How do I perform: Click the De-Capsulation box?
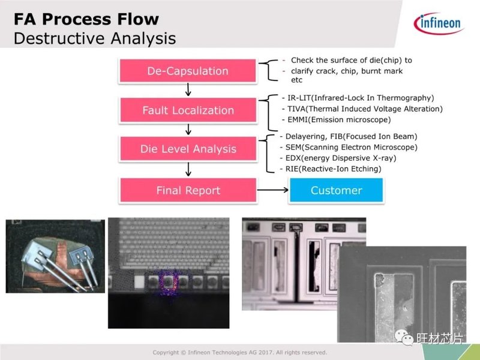pos(188,71)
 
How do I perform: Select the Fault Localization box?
pos(188,110)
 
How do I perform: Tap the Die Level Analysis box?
pos(188,149)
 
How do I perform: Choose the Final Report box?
pos(188,190)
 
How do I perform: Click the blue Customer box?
pos(336,190)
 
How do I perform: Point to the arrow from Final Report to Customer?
pos(272,190)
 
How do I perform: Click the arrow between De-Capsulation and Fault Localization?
pos(188,89)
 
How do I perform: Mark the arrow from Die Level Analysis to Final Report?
pos(188,169)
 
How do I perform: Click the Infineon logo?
pos(439,23)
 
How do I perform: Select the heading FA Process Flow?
pos(86,19)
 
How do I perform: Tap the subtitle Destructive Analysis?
pos(95,38)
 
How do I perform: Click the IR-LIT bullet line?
pos(358,98)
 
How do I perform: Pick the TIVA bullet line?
pos(362,109)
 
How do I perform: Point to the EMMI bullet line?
pos(336,119)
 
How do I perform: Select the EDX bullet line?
pos(338,158)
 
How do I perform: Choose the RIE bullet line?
pos(331,169)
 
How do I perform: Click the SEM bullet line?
pos(349,147)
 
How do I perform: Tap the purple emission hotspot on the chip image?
pos(168,284)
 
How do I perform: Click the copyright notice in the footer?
pos(239,352)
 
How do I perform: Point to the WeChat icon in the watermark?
pos(404,337)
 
